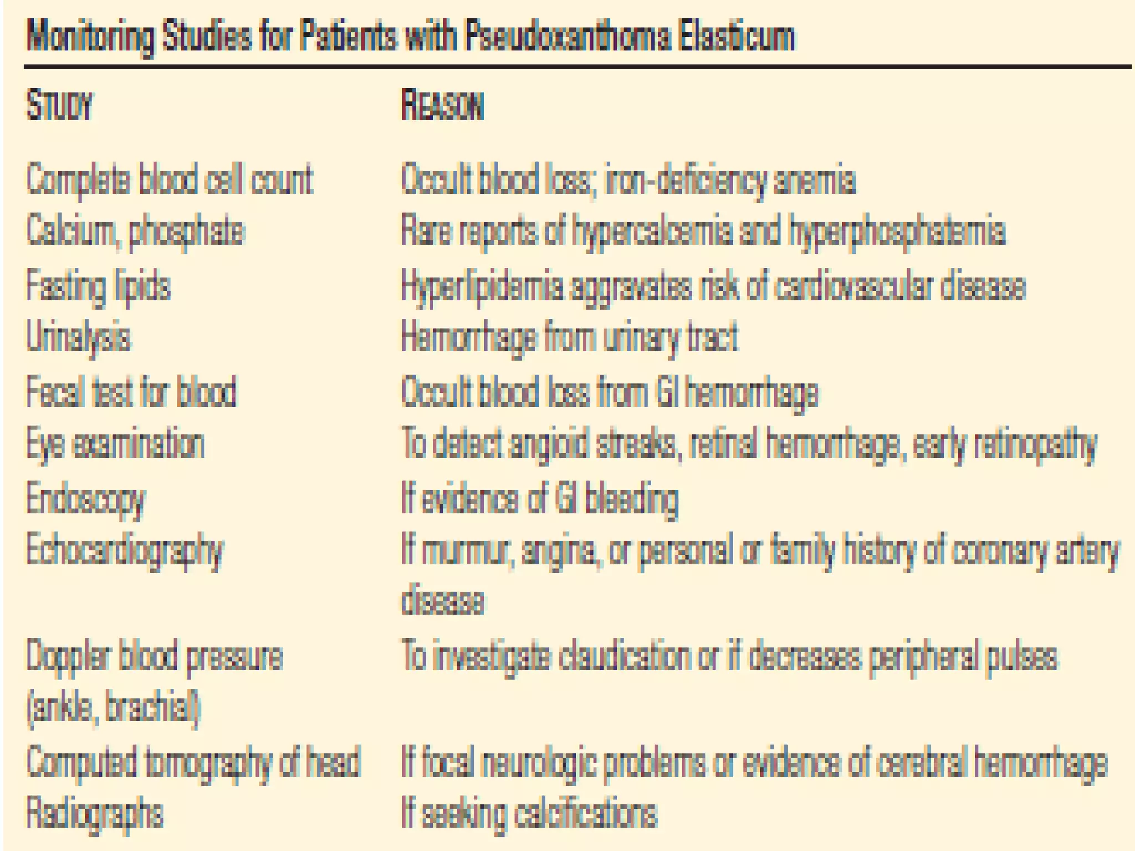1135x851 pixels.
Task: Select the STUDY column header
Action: pos(59,105)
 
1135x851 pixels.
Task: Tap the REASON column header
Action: pos(442,105)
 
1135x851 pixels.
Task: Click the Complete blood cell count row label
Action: pos(170,180)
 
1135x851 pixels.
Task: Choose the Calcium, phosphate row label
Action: pos(135,232)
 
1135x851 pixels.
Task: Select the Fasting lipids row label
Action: pos(98,287)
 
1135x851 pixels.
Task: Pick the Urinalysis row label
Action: pos(79,337)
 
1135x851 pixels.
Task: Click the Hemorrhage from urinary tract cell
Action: pos(570,337)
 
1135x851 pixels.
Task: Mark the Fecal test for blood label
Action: pos(131,392)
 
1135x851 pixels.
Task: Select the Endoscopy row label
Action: pos(86,499)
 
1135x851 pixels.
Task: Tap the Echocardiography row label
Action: pos(125,551)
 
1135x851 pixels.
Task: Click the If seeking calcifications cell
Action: pos(529,814)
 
